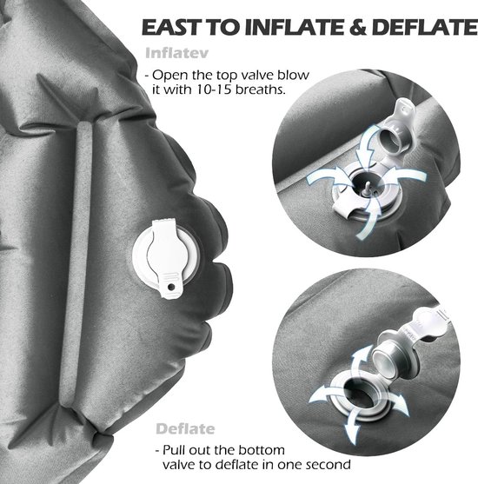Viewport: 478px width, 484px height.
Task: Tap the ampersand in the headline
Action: pos(358,27)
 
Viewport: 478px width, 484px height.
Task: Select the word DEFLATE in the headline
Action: pos(425,27)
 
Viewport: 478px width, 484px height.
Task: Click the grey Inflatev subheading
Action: pos(176,53)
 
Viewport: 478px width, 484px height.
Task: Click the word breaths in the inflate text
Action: pos(260,90)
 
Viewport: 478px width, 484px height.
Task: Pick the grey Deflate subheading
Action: pos(185,428)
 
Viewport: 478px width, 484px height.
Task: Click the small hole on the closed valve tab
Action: pos(171,287)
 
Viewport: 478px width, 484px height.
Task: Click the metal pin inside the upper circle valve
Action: pos(368,188)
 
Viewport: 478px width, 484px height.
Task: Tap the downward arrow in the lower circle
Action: pos(353,424)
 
